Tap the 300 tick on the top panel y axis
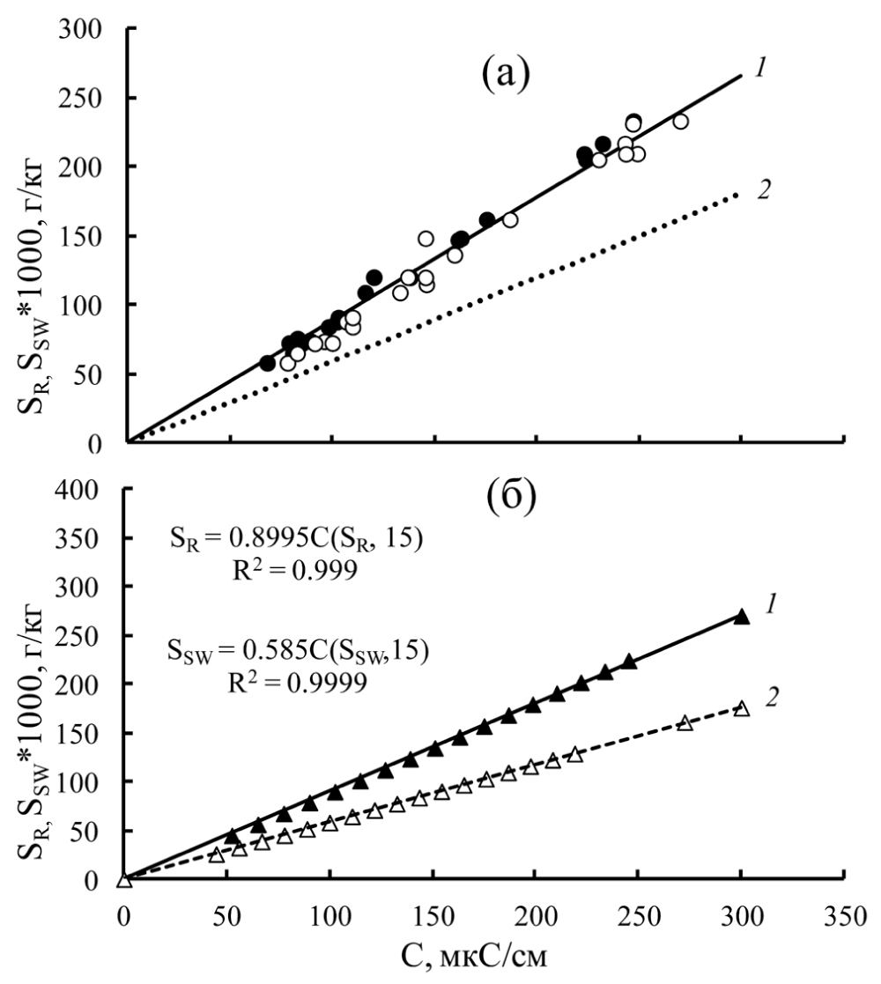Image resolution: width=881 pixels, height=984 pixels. (85, 29)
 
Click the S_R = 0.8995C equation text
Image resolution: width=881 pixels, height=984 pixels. (299, 539)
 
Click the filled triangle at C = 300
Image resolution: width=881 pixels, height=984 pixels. (742, 617)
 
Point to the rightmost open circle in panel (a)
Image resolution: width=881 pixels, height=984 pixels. (680, 122)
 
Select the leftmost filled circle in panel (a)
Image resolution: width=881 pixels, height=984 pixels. (268, 363)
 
